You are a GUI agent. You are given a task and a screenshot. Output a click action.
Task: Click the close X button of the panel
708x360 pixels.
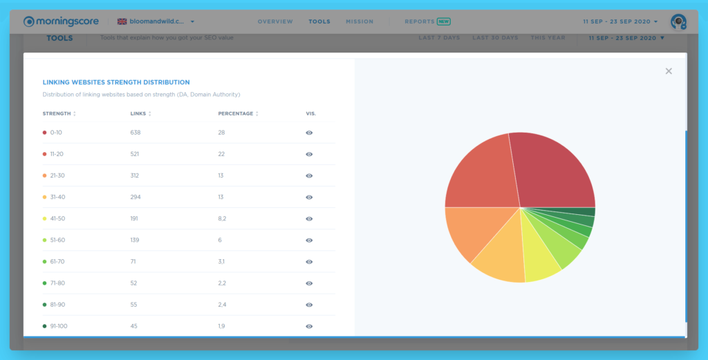(x=669, y=71)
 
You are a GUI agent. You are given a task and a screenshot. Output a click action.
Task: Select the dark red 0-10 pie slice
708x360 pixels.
(x=553, y=173)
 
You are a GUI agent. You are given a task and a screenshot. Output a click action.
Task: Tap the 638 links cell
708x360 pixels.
(x=136, y=132)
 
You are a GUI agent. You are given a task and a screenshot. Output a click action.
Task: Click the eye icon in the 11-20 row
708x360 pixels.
(x=309, y=154)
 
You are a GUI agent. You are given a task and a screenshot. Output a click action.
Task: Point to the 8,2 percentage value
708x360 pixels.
(x=223, y=218)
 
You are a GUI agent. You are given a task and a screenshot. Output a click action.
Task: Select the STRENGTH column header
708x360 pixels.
(x=57, y=113)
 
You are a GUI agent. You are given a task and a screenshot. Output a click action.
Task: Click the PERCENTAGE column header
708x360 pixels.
(x=236, y=113)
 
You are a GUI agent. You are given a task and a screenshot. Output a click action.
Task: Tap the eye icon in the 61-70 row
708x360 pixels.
(x=309, y=262)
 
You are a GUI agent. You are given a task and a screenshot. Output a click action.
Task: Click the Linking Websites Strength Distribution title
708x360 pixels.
(x=116, y=82)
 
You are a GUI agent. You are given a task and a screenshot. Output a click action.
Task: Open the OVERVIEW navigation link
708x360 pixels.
(x=275, y=21)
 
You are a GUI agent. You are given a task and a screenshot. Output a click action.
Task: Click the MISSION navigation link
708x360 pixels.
(x=360, y=21)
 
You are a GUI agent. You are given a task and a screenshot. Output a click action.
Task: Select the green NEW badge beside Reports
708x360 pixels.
(x=444, y=21)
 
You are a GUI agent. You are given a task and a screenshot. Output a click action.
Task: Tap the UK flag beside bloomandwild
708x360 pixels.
(x=122, y=21)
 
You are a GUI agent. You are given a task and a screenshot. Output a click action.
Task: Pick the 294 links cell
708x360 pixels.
(x=136, y=197)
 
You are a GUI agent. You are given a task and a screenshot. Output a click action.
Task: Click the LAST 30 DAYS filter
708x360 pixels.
(x=495, y=38)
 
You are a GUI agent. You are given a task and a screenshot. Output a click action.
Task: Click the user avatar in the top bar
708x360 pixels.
(x=678, y=21)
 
